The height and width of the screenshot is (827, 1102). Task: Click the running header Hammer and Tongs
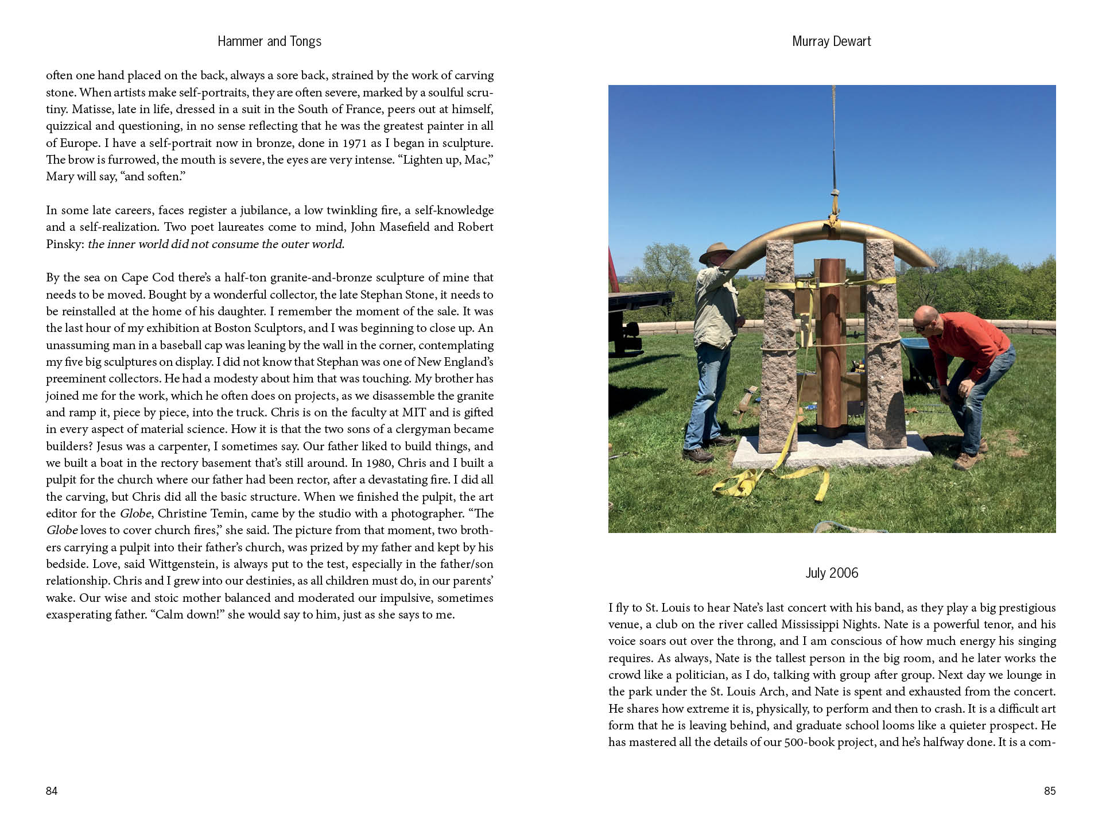pos(269,41)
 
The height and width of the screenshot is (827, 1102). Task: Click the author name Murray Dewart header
pos(831,41)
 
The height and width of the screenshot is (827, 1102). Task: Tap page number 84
pos(52,791)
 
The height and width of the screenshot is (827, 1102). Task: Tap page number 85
pos(1049,791)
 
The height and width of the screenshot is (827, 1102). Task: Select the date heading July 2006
pos(832,573)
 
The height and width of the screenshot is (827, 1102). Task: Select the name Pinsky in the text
pos(65,244)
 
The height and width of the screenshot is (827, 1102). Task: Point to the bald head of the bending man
pos(925,318)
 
